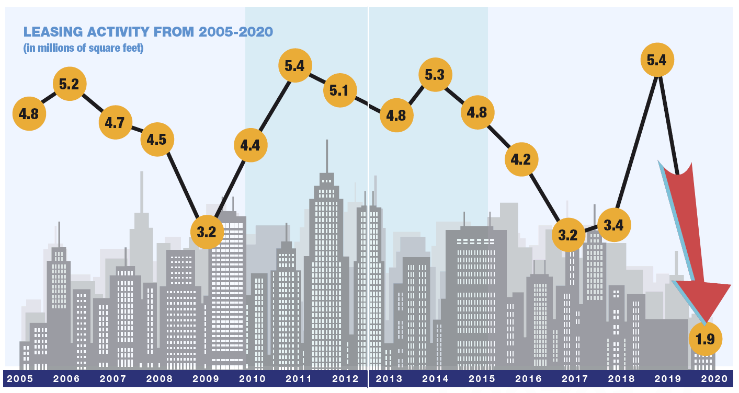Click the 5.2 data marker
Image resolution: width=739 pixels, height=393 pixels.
(x=69, y=84)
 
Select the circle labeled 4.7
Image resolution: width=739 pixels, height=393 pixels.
(x=115, y=122)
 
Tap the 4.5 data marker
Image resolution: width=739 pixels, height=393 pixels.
(x=157, y=140)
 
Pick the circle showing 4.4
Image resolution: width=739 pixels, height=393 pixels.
(x=251, y=145)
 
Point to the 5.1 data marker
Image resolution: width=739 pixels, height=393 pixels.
(x=339, y=90)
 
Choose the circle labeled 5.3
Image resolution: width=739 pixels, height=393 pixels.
(x=435, y=75)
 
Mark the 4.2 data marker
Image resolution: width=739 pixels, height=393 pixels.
(x=521, y=159)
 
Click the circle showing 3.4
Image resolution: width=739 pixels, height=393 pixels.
(x=613, y=225)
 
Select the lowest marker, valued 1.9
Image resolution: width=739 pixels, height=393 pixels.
(x=705, y=339)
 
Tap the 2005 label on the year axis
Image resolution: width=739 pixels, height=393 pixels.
(x=20, y=379)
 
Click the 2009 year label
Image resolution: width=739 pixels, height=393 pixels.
(x=206, y=379)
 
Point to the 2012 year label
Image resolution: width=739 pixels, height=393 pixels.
(x=346, y=379)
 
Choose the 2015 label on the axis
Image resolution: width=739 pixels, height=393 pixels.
(x=481, y=379)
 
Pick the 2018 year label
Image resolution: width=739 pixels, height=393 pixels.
(x=622, y=379)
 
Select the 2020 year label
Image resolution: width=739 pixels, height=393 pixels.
(x=714, y=379)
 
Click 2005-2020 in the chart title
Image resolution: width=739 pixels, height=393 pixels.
(x=235, y=32)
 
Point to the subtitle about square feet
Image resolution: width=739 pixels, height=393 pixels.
(x=84, y=48)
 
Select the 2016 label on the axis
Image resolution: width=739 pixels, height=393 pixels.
(x=528, y=379)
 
